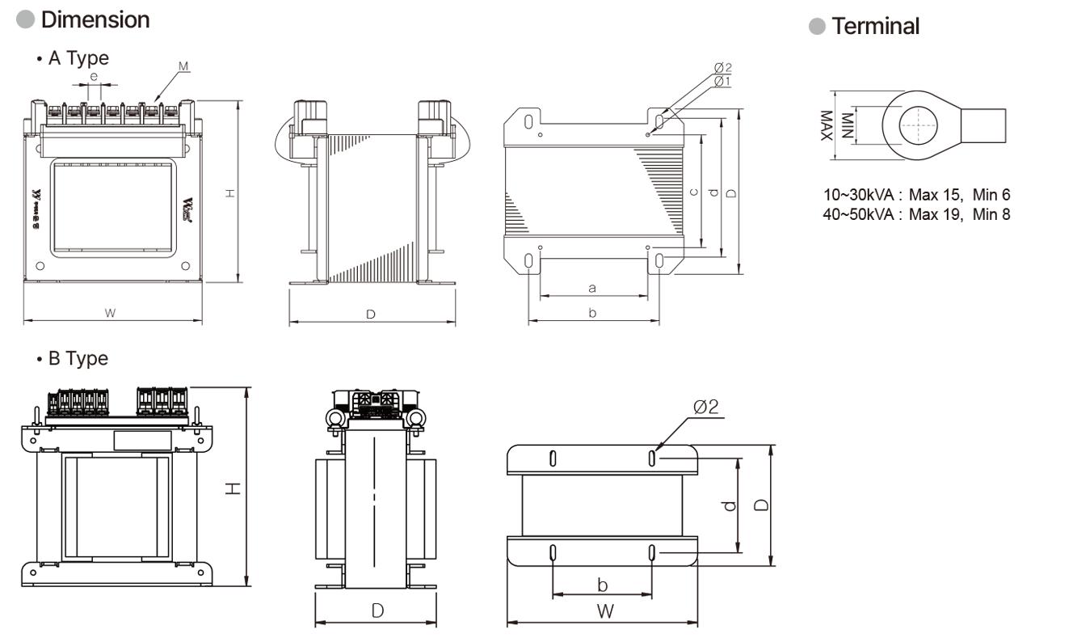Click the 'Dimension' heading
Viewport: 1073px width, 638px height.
pyautogui.click(x=95, y=20)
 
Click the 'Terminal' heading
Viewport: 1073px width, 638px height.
pyautogui.click(x=875, y=26)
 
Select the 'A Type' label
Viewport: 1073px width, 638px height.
pyautogui.click(x=78, y=58)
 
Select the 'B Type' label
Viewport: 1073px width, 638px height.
pyautogui.click(x=78, y=358)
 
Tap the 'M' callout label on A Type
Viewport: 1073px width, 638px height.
pyautogui.click(x=184, y=65)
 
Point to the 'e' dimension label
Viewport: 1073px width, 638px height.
pyautogui.click(x=94, y=76)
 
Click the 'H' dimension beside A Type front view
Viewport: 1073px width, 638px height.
pyautogui.click(x=229, y=192)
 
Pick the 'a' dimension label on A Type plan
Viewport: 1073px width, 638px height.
pyautogui.click(x=592, y=287)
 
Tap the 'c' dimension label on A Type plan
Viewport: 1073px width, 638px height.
pyautogui.click(x=693, y=192)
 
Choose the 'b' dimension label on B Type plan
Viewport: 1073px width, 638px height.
pyautogui.click(x=602, y=584)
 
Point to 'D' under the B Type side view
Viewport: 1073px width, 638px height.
pyautogui.click(x=377, y=611)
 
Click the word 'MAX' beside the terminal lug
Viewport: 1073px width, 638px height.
pyautogui.click(x=826, y=125)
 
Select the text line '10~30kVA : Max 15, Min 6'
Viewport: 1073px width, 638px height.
pyautogui.click(x=916, y=195)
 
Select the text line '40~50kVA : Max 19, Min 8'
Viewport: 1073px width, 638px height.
pyautogui.click(x=916, y=214)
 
